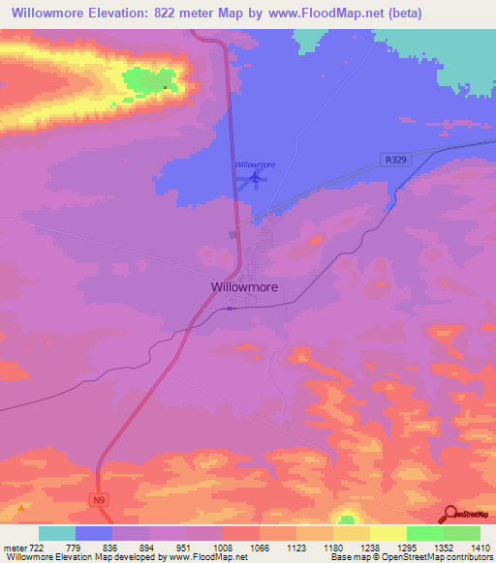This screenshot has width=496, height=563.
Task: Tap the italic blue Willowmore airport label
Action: (x=255, y=164)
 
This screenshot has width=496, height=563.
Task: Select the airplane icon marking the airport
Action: (x=255, y=178)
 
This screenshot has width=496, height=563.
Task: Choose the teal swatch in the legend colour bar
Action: (x=57, y=533)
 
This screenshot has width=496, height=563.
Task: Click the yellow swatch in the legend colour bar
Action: (x=387, y=533)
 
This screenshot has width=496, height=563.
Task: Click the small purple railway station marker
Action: (x=229, y=309)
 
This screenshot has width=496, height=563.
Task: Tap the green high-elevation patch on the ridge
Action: (x=150, y=80)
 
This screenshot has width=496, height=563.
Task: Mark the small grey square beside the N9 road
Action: (x=232, y=233)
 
